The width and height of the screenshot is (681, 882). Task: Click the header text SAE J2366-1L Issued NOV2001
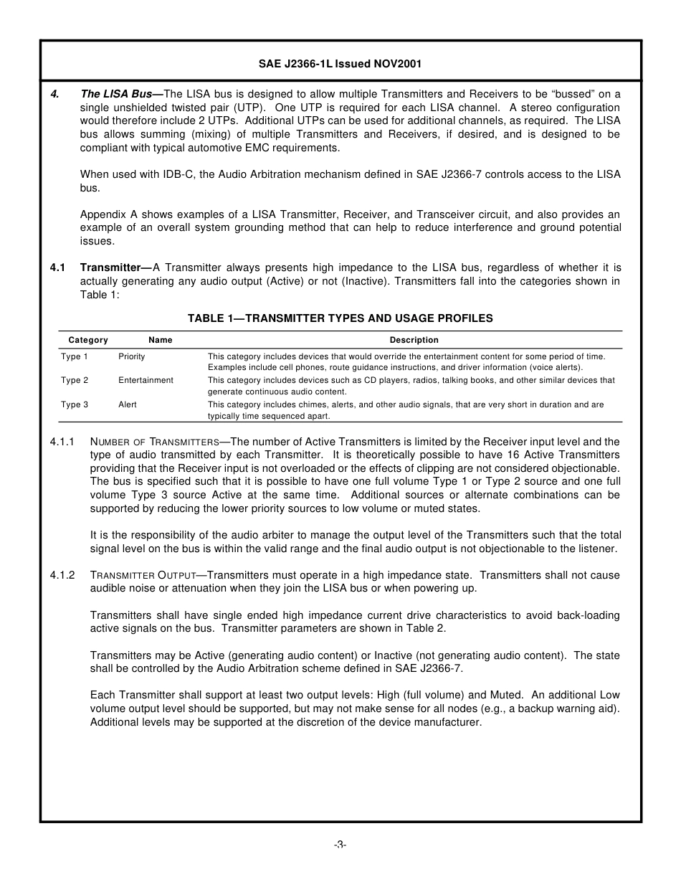click(340, 64)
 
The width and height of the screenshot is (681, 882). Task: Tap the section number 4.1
click(57, 267)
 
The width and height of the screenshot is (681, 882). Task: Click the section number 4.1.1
click(62, 442)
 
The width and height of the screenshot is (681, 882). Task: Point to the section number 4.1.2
click(62, 575)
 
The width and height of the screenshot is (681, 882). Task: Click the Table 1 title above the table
click(340, 318)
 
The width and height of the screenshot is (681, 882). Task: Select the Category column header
click(88, 340)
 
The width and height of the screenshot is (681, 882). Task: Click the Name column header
click(161, 340)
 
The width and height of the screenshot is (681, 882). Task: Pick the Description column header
click(414, 340)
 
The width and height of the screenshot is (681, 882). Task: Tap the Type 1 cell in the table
click(75, 356)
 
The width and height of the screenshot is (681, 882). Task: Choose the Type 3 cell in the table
click(75, 404)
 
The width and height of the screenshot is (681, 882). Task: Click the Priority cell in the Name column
click(132, 356)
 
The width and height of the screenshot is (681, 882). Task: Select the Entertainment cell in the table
click(146, 380)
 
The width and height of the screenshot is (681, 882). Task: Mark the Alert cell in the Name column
click(128, 404)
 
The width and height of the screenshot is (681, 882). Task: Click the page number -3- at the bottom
click(340, 845)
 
